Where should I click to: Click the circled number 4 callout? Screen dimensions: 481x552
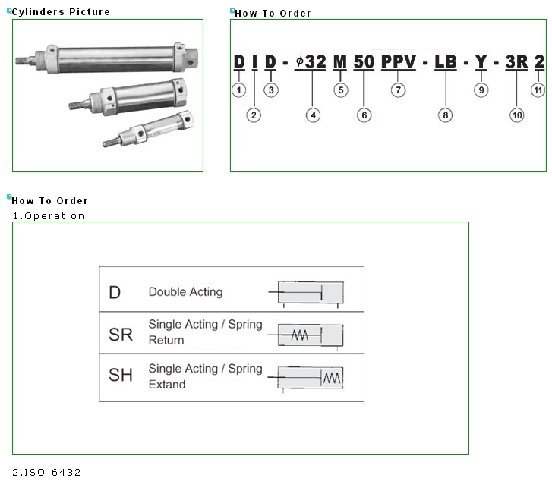313,115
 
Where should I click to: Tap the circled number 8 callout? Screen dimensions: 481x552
445,115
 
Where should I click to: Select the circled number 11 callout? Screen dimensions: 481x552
540,90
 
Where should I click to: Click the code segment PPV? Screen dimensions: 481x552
399,62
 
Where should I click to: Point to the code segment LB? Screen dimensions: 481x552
445,62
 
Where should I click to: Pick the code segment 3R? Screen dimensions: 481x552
516,62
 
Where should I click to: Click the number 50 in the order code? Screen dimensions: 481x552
364,62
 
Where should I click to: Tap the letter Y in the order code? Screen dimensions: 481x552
481,62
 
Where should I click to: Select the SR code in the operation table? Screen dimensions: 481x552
121,333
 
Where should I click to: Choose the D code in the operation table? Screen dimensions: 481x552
115,292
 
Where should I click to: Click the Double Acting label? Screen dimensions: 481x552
185,292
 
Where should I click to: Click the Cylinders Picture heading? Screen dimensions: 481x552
61,12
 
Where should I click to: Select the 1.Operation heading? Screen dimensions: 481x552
49,216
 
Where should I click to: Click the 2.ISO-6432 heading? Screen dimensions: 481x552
46,473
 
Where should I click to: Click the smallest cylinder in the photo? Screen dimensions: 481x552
150,132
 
